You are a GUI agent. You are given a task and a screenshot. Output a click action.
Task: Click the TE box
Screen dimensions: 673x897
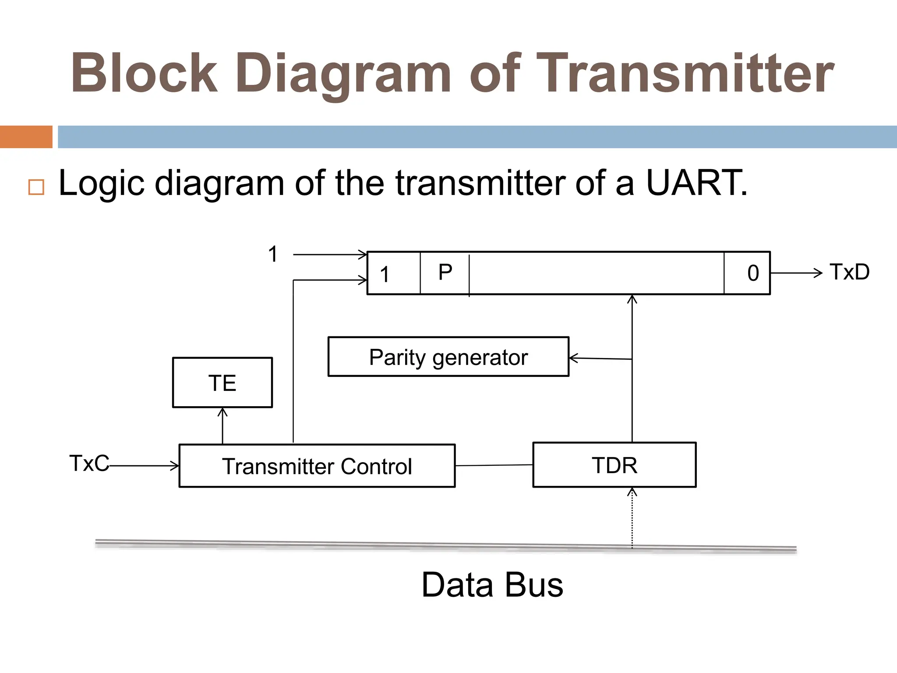tap(222, 383)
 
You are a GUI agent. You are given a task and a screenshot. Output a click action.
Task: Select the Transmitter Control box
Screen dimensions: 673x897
tap(317, 466)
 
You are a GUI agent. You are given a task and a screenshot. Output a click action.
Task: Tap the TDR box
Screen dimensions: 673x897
tap(614, 465)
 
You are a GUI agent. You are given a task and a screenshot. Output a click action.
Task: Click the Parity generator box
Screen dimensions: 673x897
tap(448, 357)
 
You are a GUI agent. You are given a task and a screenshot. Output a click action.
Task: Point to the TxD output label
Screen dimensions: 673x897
tap(849, 272)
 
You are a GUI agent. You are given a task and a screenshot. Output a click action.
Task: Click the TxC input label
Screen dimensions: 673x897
tap(89, 463)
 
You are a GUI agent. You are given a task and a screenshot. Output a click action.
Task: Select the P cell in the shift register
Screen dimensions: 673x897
tap(445, 273)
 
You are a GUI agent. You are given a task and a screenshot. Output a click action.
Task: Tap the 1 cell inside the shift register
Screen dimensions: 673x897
tap(385, 274)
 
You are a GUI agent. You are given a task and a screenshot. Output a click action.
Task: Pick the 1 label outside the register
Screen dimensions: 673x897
tap(273, 254)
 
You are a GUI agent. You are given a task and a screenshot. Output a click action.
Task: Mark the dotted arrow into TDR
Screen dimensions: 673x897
tap(632, 519)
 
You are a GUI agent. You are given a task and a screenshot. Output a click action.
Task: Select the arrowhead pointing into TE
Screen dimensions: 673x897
tap(222, 412)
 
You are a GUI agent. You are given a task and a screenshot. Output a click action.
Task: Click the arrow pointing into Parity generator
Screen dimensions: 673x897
tap(575, 358)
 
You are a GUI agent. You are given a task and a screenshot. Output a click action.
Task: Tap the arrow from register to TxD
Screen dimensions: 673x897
tap(796, 273)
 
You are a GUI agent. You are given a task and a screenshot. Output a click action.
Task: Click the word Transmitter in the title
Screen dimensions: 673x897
tap(685, 73)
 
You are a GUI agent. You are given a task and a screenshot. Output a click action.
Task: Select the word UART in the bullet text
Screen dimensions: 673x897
tap(696, 183)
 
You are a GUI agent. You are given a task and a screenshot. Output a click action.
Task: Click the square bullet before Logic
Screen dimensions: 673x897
tap(36, 187)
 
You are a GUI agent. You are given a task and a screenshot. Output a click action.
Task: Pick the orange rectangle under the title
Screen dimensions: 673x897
tap(26, 137)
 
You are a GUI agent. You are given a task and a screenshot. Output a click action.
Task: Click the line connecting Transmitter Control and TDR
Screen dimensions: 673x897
tap(494, 465)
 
